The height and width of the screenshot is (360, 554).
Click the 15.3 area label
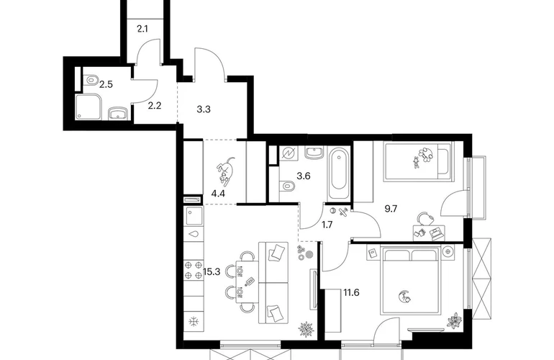point(212,271)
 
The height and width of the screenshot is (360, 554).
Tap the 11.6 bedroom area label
point(351,292)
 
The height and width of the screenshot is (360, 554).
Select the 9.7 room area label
point(391,209)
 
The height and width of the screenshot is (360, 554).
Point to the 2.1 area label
point(142,29)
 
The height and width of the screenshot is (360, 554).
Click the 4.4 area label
point(218,193)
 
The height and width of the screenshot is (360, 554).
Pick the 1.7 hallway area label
point(327,225)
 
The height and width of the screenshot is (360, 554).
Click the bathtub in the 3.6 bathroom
point(339,174)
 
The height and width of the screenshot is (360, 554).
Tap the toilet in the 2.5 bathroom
point(91,80)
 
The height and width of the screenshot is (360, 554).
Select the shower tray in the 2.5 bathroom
point(88,107)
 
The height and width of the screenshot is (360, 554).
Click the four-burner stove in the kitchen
point(194,270)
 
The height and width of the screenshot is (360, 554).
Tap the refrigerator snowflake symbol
point(194,321)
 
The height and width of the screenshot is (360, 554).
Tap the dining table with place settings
point(247,282)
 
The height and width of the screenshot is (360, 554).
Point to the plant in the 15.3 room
point(306,330)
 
